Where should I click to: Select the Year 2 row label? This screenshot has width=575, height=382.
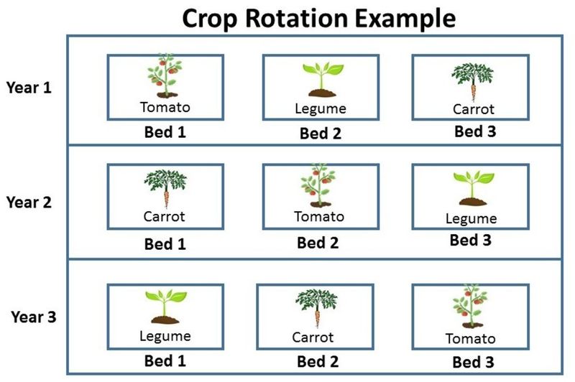click(x=29, y=202)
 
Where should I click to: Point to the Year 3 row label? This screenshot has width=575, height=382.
click(x=34, y=316)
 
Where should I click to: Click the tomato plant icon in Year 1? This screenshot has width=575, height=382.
click(x=165, y=77)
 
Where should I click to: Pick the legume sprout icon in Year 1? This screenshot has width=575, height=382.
click(x=320, y=80)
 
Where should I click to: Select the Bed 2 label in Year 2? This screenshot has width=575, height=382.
click(x=318, y=243)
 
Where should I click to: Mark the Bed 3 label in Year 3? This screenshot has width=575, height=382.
click(x=472, y=361)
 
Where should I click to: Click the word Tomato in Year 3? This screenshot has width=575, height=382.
click(x=470, y=339)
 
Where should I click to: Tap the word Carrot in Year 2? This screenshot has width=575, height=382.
click(x=165, y=216)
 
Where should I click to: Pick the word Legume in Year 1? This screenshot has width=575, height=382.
click(x=321, y=109)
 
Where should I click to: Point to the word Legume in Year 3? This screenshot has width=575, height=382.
click(x=165, y=335)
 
